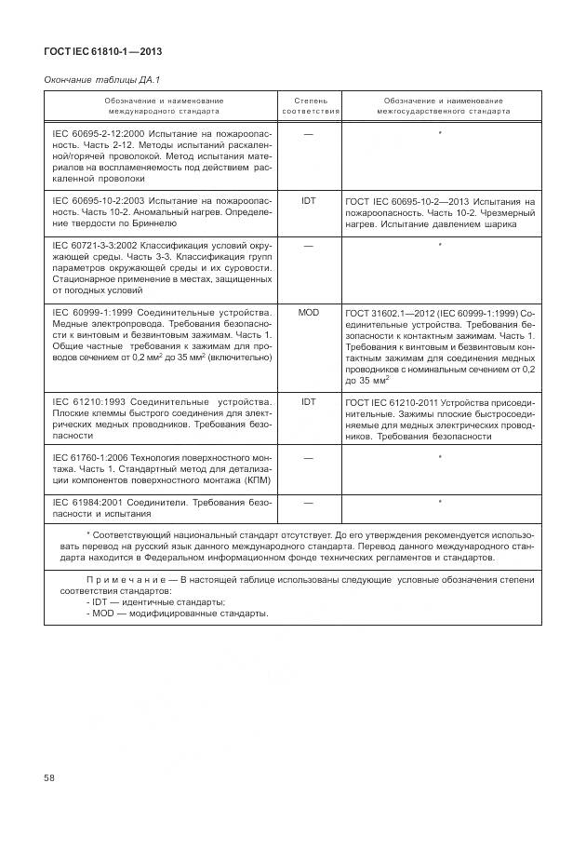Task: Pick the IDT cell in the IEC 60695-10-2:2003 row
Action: tap(309, 200)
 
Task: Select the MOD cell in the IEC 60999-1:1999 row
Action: tap(309, 312)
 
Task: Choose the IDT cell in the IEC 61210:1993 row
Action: tap(309, 401)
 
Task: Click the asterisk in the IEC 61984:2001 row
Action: tap(439, 503)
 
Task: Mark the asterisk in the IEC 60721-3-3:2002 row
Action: tap(439, 245)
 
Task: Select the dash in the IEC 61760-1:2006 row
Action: tap(309, 458)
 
